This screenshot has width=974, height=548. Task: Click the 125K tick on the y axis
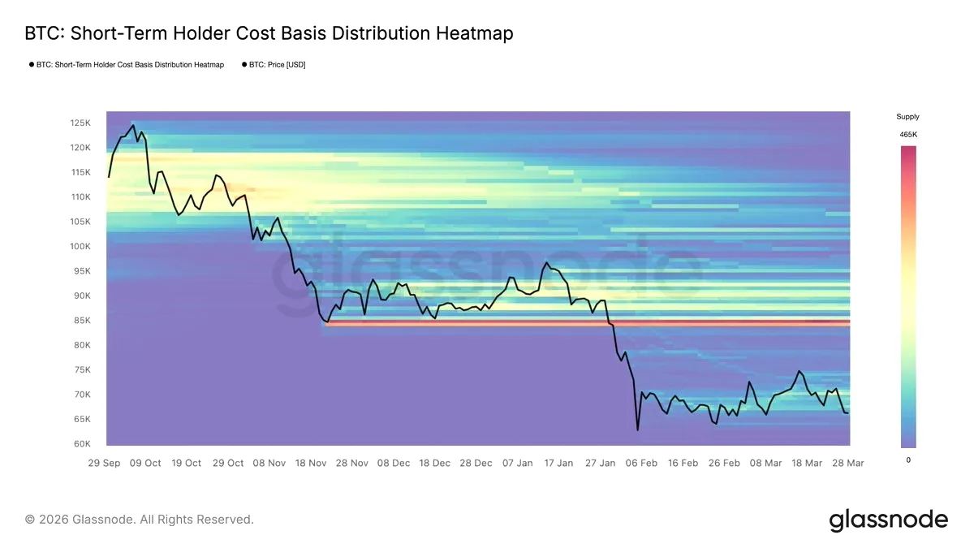pos(80,123)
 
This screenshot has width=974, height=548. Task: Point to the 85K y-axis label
pos(82,321)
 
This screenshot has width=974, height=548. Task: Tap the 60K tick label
pos(82,444)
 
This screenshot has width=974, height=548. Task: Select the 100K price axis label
pos(80,247)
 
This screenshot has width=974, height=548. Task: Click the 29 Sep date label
pos(104,464)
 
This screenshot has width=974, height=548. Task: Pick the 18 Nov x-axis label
pos(311,464)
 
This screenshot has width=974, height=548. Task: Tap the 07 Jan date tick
pos(518,464)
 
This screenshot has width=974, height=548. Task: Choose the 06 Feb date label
pos(641,464)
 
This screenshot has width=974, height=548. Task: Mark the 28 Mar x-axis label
pos(848,464)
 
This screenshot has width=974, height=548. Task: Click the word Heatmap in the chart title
pos(474,33)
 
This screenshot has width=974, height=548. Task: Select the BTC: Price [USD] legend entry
pos(274,65)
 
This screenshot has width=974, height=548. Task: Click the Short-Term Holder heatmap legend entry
pos(127,65)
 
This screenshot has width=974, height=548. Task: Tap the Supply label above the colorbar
pos(908,117)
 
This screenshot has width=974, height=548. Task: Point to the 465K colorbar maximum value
pos(908,135)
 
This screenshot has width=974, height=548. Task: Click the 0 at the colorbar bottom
pos(908,460)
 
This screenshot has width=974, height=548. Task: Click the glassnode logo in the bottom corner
pos(888,520)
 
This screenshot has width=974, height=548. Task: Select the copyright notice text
pos(139,520)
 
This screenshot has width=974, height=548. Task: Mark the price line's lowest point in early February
pos(638,430)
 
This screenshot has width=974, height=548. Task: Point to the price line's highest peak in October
pos(133,125)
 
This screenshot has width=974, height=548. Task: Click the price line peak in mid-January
pos(546,262)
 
